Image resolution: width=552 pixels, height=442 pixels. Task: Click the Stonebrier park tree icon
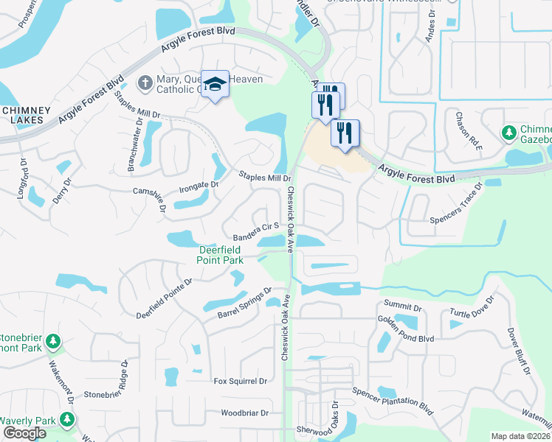pyautogui.click(x=52, y=342)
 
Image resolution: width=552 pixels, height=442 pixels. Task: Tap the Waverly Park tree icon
pyautogui.click(x=67, y=420)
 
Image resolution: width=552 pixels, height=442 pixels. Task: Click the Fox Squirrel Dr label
pyautogui.click(x=240, y=381)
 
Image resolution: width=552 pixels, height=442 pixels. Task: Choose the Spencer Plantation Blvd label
pyautogui.click(x=392, y=399)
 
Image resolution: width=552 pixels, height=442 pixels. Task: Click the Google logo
pyautogui.click(x=24, y=433)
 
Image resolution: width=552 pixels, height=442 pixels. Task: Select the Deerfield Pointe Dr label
pyautogui.click(x=164, y=299)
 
